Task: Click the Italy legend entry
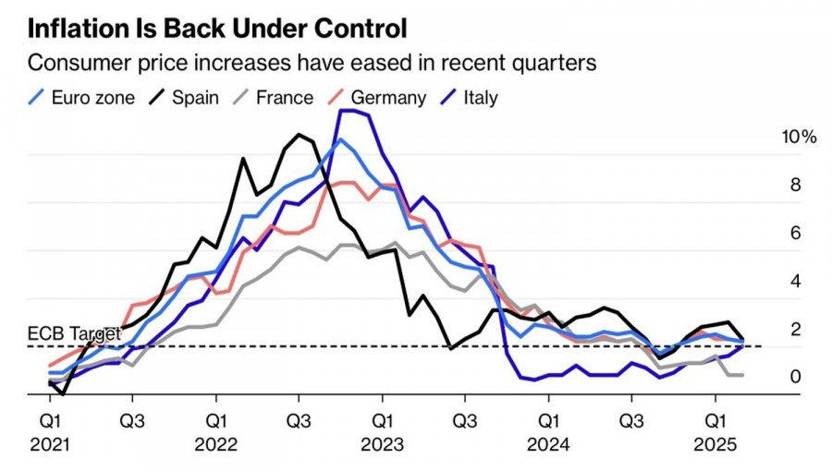coord(479,97)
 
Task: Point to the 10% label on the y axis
coord(799,137)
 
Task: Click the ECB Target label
coord(75,333)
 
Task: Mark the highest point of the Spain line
coord(299,135)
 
